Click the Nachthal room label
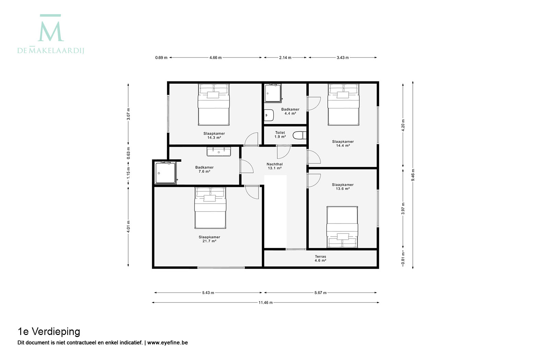pos(275,164)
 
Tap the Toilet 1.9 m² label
pos(280,135)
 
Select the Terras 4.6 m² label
pos(320,259)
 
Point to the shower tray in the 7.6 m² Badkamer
pos(166,173)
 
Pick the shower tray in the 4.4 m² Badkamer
pos(273,93)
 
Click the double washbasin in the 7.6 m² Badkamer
pos(219,152)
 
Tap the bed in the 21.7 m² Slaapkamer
pos(211,208)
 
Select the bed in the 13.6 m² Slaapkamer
pos(342,227)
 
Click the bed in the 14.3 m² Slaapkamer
pos(214,105)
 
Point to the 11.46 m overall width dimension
pos(265,302)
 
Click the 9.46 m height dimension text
pos(413,175)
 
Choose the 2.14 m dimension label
pos(285,58)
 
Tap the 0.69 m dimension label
pos(161,58)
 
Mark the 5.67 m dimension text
pos(320,292)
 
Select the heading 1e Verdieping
pos(49,332)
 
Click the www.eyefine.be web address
pos(167,343)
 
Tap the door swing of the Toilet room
pos(284,152)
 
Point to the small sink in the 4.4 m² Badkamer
pos(268,115)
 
